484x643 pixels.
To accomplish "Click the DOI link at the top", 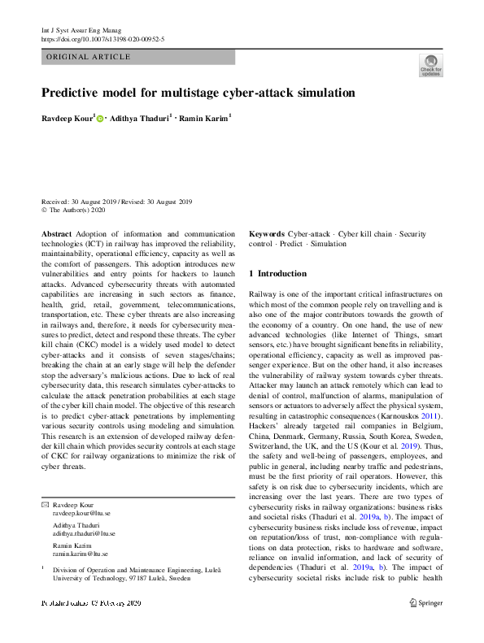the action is pyautogui.click(x=102, y=38).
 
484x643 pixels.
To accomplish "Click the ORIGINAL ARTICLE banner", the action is pyautogui.click(x=89, y=57).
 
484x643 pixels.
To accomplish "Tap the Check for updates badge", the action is pyautogui.click(x=430, y=64).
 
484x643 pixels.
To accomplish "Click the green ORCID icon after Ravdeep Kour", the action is pyautogui.click(x=100, y=119).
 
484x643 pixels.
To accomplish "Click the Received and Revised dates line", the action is pyautogui.click(x=116, y=202).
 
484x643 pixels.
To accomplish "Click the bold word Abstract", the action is pyautogui.click(x=56, y=233).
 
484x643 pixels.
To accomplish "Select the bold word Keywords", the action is pyautogui.click(x=267, y=233).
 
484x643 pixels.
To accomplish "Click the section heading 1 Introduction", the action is pyautogui.click(x=277, y=274).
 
